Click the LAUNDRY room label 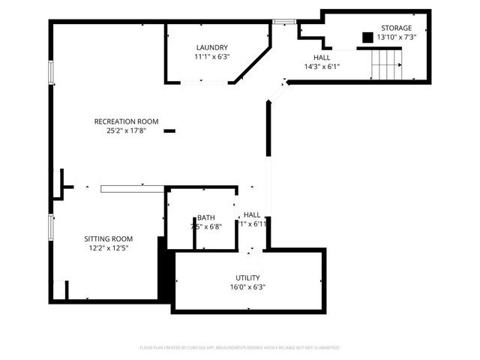pyautogui.click(x=211, y=47)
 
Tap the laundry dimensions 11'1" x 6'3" pyautogui.click(x=211, y=56)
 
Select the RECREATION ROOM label pyautogui.click(x=126, y=121)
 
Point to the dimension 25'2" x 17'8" pyautogui.click(x=126, y=130)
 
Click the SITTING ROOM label pyautogui.click(x=108, y=238)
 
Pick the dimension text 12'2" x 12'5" pyautogui.click(x=108, y=248)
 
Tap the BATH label pyautogui.click(x=206, y=217)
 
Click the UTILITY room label pyautogui.click(x=247, y=277)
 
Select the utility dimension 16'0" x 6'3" pyautogui.click(x=247, y=286)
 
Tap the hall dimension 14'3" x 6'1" pyautogui.click(x=322, y=66)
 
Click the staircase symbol pyautogui.click(x=387, y=64)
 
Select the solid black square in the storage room pyautogui.click(x=367, y=37)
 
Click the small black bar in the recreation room pyautogui.click(x=169, y=131)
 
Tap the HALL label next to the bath pyautogui.click(x=252, y=214)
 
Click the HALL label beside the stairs pyautogui.click(x=322, y=57)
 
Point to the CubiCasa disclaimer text pyautogui.click(x=240, y=348)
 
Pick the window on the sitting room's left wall pyautogui.click(x=51, y=227)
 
